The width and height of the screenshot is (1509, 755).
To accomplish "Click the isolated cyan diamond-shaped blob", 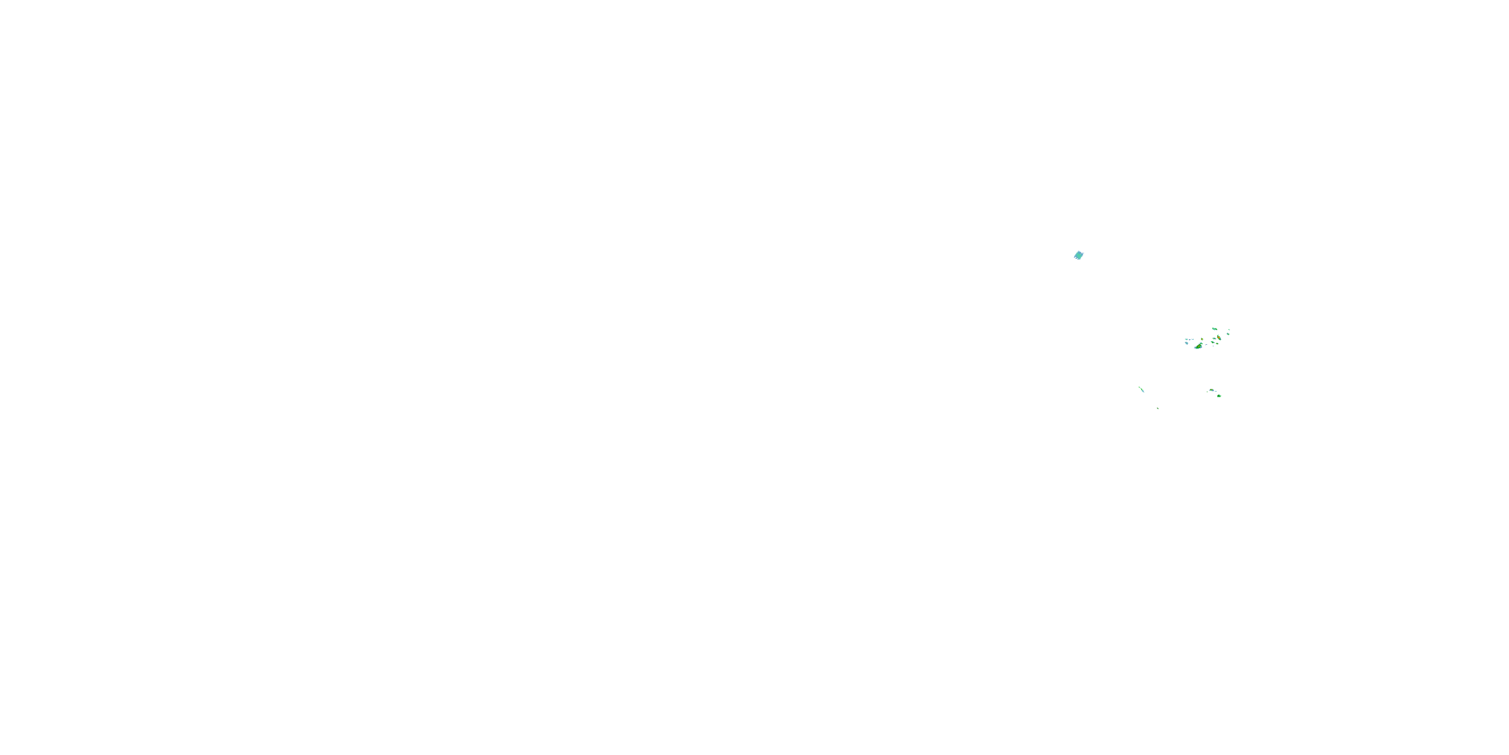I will point(1079,255).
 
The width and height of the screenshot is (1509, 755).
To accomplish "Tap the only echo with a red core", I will point(1219,338).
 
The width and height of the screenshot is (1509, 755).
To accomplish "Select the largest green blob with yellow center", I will point(1199,346).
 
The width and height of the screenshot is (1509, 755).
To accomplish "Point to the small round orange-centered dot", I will point(1203,339).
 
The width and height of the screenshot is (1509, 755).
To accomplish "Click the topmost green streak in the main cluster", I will point(1215,329).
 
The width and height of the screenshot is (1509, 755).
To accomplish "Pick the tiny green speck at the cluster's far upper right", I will point(1229,330).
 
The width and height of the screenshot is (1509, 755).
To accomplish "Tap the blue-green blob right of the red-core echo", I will point(1228,334).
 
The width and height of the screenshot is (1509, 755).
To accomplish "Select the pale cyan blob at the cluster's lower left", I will point(1187,343).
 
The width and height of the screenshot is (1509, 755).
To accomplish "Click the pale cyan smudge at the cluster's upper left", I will point(1187,339).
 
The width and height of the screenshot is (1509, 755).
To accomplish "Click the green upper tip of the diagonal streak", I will point(1139,388).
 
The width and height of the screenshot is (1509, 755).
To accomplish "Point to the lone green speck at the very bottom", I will point(1158,409).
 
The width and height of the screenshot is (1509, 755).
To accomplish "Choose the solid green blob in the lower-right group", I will point(1219,396).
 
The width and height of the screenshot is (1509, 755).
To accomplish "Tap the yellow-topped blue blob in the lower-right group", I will point(1212,391).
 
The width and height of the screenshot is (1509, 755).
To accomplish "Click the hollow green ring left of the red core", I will point(1214,339).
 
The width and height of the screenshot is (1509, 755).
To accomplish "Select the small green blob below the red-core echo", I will point(1217,344).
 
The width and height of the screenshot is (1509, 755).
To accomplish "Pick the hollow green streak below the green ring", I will point(1213,343).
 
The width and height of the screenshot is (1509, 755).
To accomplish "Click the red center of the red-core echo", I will point(1219,338).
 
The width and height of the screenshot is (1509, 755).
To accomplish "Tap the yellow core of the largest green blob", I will point(1199,346).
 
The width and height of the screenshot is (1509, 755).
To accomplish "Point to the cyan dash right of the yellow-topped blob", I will point(1216,392).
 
